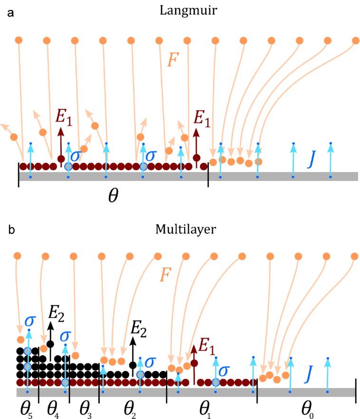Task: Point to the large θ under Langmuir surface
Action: coord(113,196)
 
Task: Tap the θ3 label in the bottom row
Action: coord(85,408)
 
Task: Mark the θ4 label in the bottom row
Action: coord(54,408)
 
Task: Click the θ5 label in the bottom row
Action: coord(25,408)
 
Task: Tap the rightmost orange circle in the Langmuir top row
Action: coord(355,40)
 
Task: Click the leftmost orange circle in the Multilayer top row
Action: coord(19,257)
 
